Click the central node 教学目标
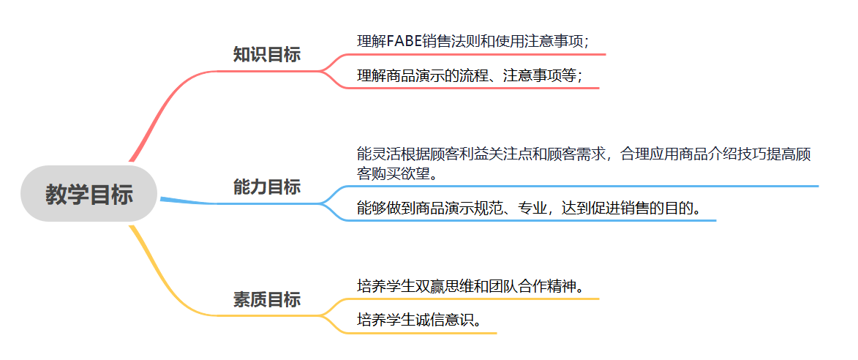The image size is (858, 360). click(89, 195)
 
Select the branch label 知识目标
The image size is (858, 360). click(266, 55)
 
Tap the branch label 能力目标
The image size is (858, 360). click(266, 187)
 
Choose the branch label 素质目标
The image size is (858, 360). click(266, 299)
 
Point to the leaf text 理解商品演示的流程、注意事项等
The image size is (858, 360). click(469, 75)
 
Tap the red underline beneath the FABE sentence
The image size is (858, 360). click(475, 54)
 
